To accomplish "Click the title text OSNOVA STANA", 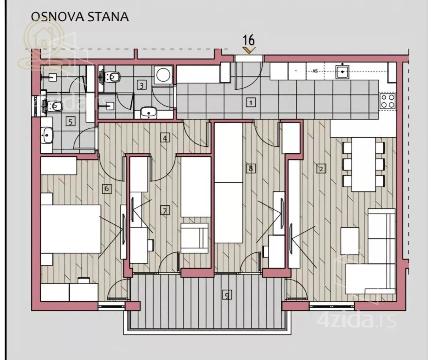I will pos(80,17).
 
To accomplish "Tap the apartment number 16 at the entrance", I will pos(249,40).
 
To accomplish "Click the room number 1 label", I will pos(250,102).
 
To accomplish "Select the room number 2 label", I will pos(321,168).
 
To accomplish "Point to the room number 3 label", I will pos(141,85).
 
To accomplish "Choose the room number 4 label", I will pos(164,138).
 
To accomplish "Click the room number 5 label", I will pos(70,122).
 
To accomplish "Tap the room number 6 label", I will pos(106,188).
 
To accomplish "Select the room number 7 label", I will pos(164,210).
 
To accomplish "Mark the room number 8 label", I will pos(250,168).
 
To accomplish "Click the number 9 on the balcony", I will pos(227,296).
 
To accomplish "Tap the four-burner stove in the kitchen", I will pos(387,101).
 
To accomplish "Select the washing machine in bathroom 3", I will pos(163,74).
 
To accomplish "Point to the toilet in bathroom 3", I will pos(112,76).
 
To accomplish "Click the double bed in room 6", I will pos(71,228).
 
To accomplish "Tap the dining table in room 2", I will pos(364,164).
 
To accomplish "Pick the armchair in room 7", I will pos(194,238).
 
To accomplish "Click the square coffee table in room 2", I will pos(350,240).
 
